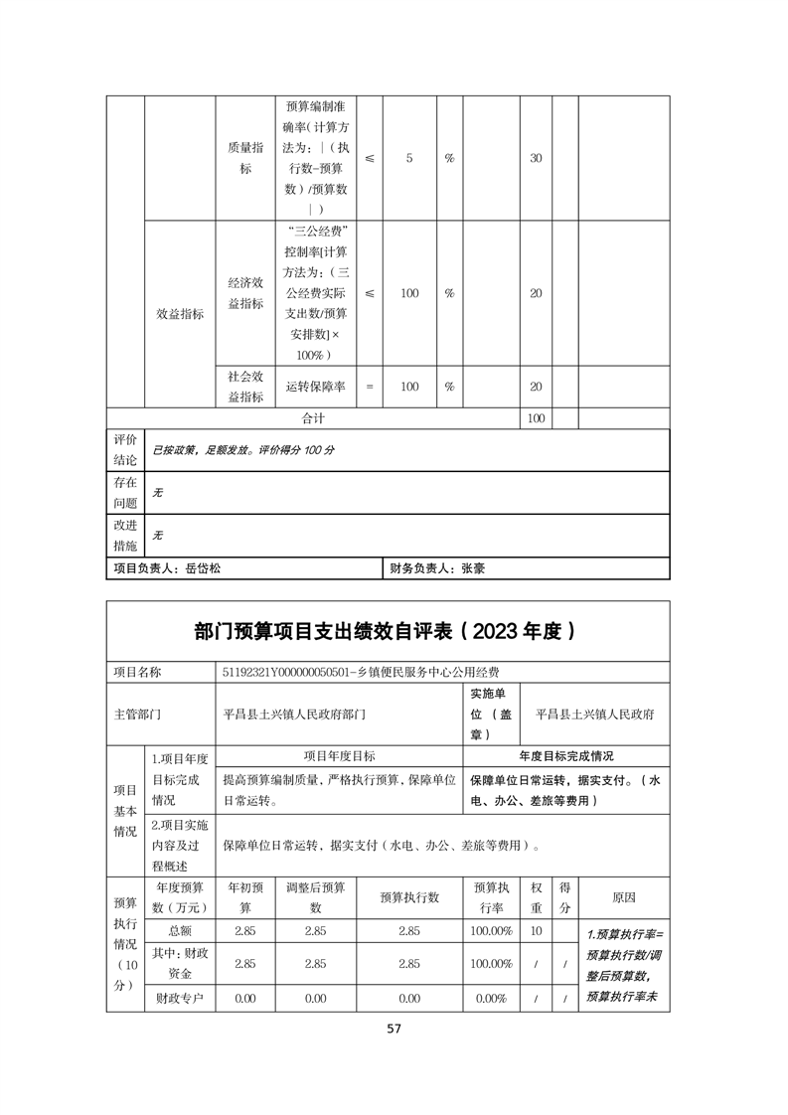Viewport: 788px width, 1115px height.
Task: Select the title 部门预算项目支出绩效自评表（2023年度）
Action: [387, 631]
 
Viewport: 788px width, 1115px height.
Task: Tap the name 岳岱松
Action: [203, 569]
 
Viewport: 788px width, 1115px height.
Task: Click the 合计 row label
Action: [313, 419]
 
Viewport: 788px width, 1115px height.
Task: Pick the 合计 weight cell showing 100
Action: [536, 419]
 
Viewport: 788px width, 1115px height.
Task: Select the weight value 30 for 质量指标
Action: [536, 159]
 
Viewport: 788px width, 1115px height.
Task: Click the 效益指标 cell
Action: [180, 314]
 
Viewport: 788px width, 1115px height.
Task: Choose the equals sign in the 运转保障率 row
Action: [370, 388]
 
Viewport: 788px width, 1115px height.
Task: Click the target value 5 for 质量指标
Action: [409, 159]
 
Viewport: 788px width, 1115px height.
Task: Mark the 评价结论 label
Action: [125, 449]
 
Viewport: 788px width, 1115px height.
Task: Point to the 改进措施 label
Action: [125, 534]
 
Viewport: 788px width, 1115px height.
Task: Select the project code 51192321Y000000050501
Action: [287, 672]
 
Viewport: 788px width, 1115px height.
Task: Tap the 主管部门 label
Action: [138, 714]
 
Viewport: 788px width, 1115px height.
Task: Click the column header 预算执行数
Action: [409, 896]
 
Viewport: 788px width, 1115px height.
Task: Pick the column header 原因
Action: [624, 896]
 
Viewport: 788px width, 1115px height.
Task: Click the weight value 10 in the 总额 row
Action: [536, 930]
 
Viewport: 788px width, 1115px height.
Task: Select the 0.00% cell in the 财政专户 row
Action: [492, 999]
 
